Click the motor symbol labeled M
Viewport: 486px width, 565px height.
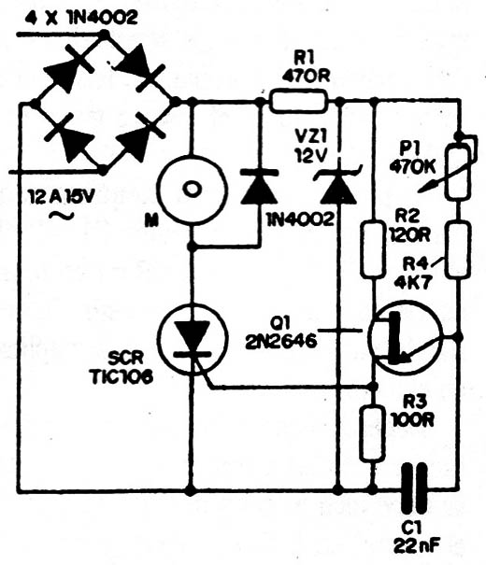[192, 190]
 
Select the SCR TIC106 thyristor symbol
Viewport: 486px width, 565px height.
[192, 339]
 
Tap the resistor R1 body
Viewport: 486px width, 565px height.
[299, 102]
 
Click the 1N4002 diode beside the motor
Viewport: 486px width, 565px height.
[259, 187]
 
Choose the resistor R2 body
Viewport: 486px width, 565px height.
[373, 250]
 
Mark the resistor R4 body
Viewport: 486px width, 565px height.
[459, 250]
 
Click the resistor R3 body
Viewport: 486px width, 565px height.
[373, 433]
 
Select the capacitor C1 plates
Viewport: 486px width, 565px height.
[414, 488]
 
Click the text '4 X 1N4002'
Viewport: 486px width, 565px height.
[81, 18]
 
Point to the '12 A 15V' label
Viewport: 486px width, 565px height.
[63, 197]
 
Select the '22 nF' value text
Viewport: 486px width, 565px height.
[417, 546]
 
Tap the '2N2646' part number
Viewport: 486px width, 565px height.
[281, 340]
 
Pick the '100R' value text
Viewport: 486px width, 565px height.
[412, 419]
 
